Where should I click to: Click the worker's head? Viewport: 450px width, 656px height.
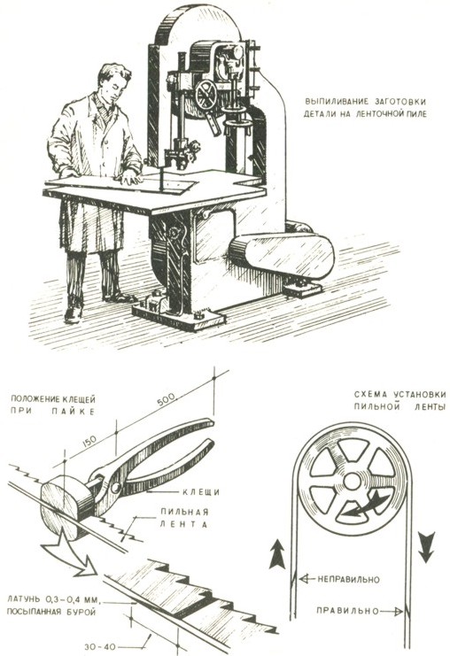pyautogui.click(x=113, y=83)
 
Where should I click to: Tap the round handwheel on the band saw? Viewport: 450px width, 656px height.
pyautogui.click(x=206, y=95)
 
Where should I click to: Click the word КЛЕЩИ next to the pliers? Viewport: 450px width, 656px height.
pyautogui.click(x=200, y=492)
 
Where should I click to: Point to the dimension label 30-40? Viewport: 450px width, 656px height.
pyautogui.click(x=100, y=646)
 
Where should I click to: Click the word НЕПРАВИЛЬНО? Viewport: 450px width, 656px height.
pyautogui.click(x=348, y=580)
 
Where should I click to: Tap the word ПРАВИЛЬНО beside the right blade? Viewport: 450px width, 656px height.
pyautogui.click(x=347, y=610)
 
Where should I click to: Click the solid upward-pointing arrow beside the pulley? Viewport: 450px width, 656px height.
pyautogui.click(x=276, y=554)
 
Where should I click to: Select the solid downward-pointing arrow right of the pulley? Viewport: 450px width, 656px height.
pyautogui.click(x=427, y=547)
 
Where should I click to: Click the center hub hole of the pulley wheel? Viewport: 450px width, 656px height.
pyautogui.click(x=352, y=482)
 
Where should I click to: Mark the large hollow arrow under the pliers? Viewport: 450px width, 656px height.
pyautogui.click(x=70, y=553)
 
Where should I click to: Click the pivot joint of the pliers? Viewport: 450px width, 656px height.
pyautogui.click(x=114, y=487)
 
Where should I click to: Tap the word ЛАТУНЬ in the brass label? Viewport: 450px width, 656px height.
pyautogui.click(x=25, y=599)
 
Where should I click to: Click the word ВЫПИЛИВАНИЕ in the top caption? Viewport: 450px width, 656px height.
pyautogui.click(x=330, y=101)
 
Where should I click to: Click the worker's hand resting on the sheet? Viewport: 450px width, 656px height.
pyautogui.click(x=130, y=179)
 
